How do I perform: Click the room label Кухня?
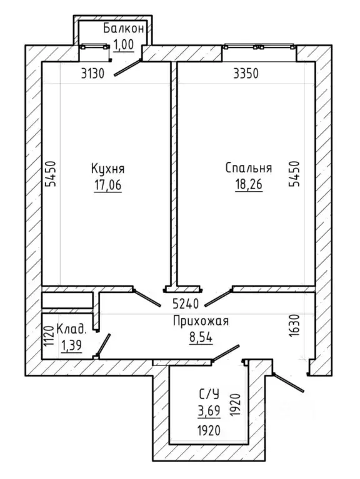(x=107, y=169)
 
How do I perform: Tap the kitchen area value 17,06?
(x=107, y=185)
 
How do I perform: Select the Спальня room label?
(x=249, y=169)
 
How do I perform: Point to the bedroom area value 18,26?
(x=249, y=184)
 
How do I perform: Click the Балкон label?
(x=124, y=28)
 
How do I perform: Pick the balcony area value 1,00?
(x=124, y=44)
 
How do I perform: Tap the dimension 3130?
(x=93, y=74)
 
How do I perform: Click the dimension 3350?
(x=246, y=74)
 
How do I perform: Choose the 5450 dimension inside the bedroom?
(x=295, y=174)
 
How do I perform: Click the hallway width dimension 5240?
(x=186, y=304)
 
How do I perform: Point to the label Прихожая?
(x=201, y=322)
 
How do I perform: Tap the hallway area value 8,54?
(x=201, y=338)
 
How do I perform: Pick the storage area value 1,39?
(x=71, y=346)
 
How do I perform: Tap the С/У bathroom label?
(x=209, y=395)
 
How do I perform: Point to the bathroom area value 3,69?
(x=209, y=411)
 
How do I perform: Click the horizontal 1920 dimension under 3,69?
(x=209, y=431)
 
